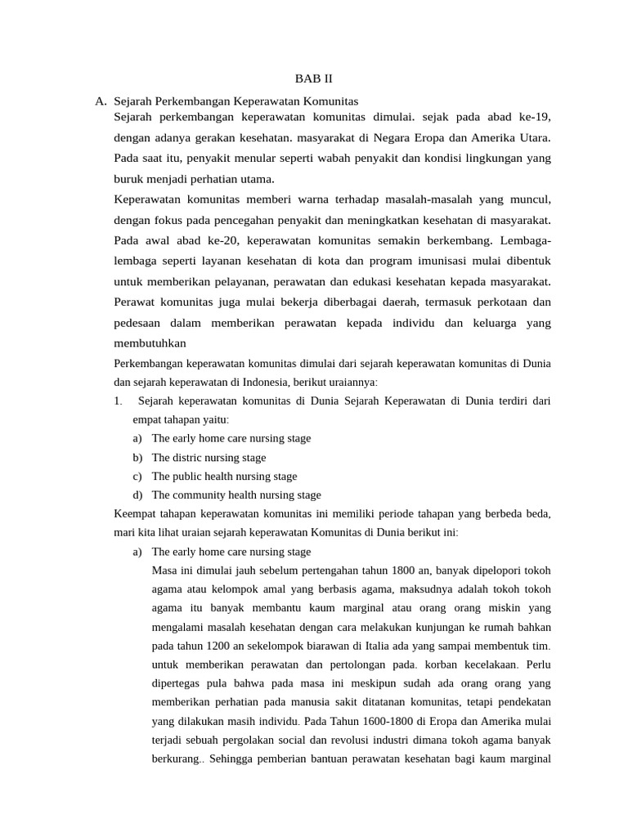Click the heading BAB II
coord(314,79)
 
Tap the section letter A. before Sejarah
coord(101,101)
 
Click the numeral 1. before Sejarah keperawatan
coord(119,401)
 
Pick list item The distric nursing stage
coord(209,458)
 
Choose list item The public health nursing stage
coord(224,477)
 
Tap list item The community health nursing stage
coord(236,495)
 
